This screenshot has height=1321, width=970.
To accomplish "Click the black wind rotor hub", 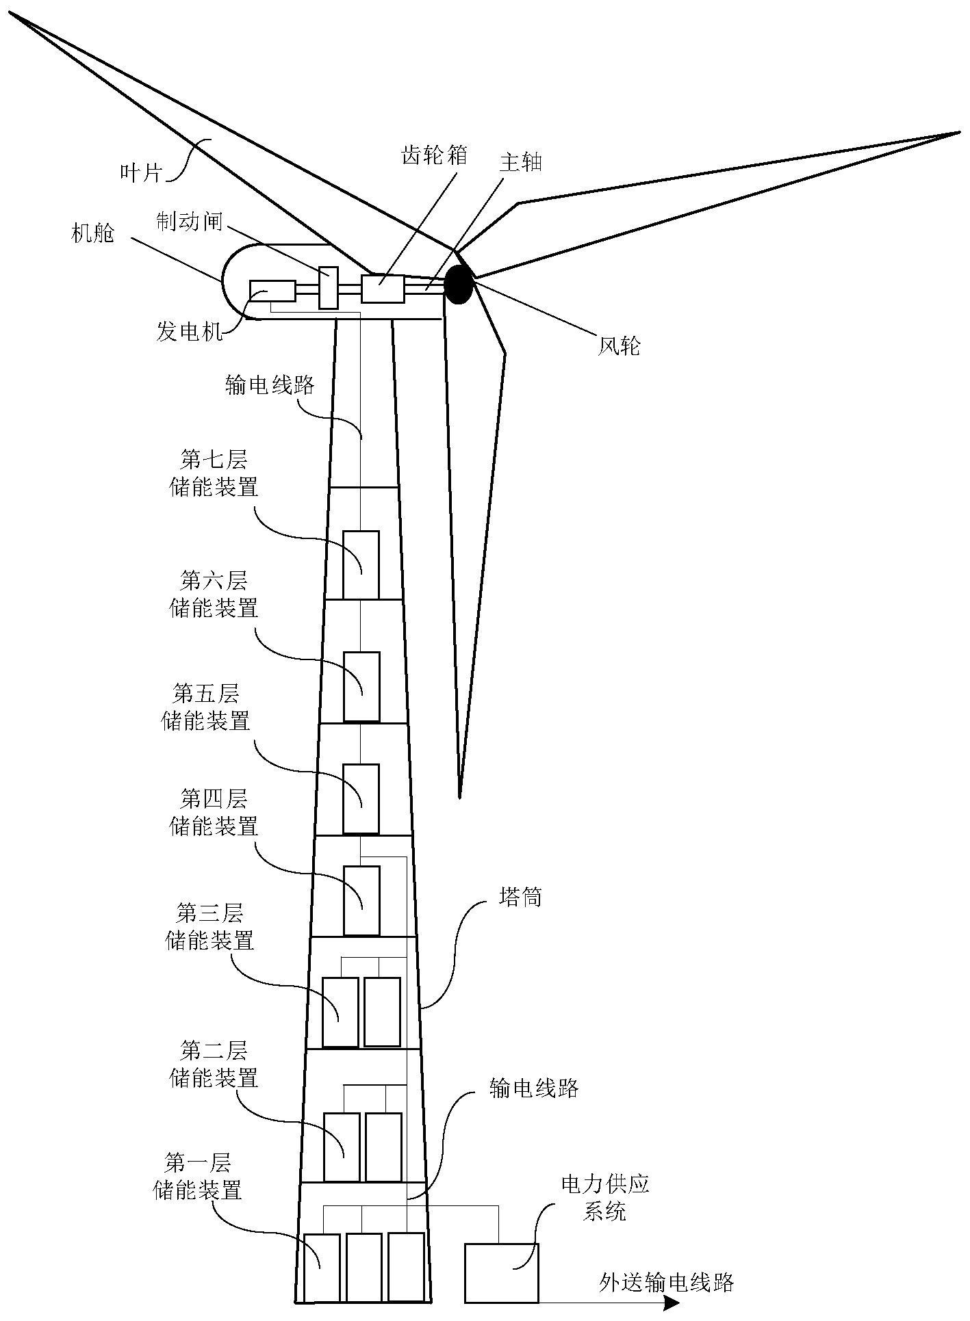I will tap(459, 285).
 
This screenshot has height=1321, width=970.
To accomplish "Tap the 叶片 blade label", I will tap(140, 173).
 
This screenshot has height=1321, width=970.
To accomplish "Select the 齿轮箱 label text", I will tap(434, 155).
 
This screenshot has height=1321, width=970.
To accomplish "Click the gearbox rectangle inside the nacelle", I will tap(383, 288).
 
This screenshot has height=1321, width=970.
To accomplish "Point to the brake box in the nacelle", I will tap(329, 287).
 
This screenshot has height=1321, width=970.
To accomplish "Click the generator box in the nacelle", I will tap(272, 291).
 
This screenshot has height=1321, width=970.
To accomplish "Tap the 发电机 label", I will tap(190, 333).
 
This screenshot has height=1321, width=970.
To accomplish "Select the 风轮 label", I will tap(619, 346).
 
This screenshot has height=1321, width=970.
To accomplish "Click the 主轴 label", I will tap(520, 162).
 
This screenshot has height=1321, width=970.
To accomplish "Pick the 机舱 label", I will tap(93, 233).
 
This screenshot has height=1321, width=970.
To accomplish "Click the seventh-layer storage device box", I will tap(361, 565).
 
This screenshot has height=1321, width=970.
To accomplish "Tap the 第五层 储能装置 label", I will tap(205, 708).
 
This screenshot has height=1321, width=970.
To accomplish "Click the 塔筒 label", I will tap(520, 897).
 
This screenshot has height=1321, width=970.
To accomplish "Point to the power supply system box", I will tap(501, 1272).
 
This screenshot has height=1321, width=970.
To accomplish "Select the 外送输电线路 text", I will tap(666, 1281).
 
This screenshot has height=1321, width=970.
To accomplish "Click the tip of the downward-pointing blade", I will tap(459, 796).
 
